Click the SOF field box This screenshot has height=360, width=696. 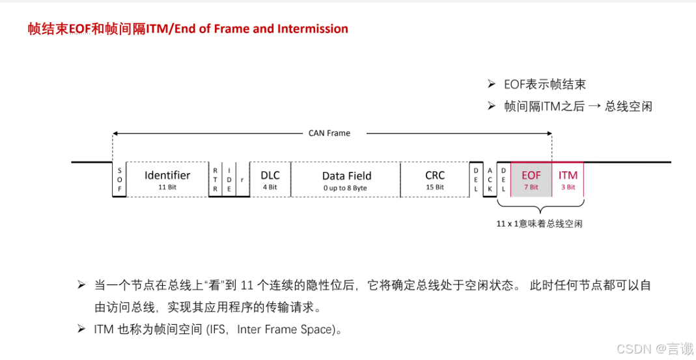click(119, 180)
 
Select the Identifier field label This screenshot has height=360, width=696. click(167, 175)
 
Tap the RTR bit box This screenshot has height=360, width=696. click(216, 180)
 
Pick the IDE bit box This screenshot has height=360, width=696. click(229, 180)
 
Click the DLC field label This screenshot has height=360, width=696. click(270, 175)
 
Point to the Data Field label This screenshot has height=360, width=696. click(346, 176)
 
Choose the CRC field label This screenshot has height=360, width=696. click(435, 175)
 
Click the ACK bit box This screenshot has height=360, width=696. click(490, 180)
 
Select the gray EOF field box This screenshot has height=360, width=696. click(531, 179)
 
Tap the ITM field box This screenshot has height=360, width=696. click(568, 179)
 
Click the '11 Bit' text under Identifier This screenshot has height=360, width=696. click(167, 187)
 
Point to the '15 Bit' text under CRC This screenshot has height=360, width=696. click(435, 187)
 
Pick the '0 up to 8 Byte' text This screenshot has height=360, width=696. click(345, 188)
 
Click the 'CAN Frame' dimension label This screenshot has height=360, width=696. click(329, 133)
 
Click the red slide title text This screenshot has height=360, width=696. click(188, 29)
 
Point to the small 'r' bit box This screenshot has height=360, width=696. click(242, 180)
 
